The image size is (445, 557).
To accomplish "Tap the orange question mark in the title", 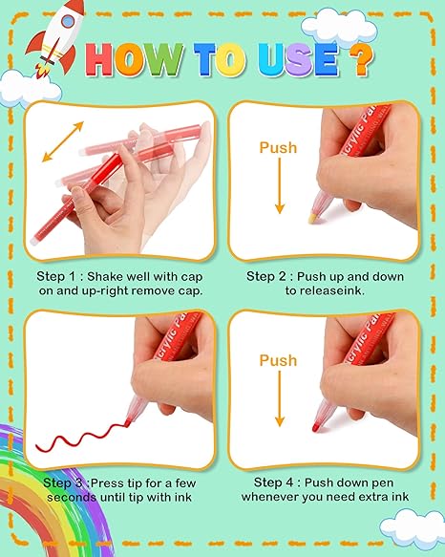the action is [x=361, y=59].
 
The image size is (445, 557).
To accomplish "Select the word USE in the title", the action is [x=298, y=59].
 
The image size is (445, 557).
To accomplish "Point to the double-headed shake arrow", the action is [x=63, y=141].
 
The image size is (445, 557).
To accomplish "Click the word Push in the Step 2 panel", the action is [x=278, y=147].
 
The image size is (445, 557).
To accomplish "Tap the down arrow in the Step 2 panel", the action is [x=280, y=185].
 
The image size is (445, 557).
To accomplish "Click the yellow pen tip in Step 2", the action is [x=313, y=219].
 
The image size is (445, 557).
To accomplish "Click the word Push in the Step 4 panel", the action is [x=278, y=360].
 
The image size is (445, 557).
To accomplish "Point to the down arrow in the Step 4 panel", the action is [x=280, y=398].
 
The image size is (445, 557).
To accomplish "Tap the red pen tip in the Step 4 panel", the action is [x=315, y=428].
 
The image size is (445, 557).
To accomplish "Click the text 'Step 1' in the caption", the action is [x=55, y=277].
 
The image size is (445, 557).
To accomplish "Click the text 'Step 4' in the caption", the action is [x=273, y=482].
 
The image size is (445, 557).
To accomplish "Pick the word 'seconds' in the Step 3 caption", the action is [x=72, y=497].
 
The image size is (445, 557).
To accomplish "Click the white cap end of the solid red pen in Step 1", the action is [x=34, y=241].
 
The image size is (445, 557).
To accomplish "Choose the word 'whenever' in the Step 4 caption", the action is [x=269, y=497].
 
